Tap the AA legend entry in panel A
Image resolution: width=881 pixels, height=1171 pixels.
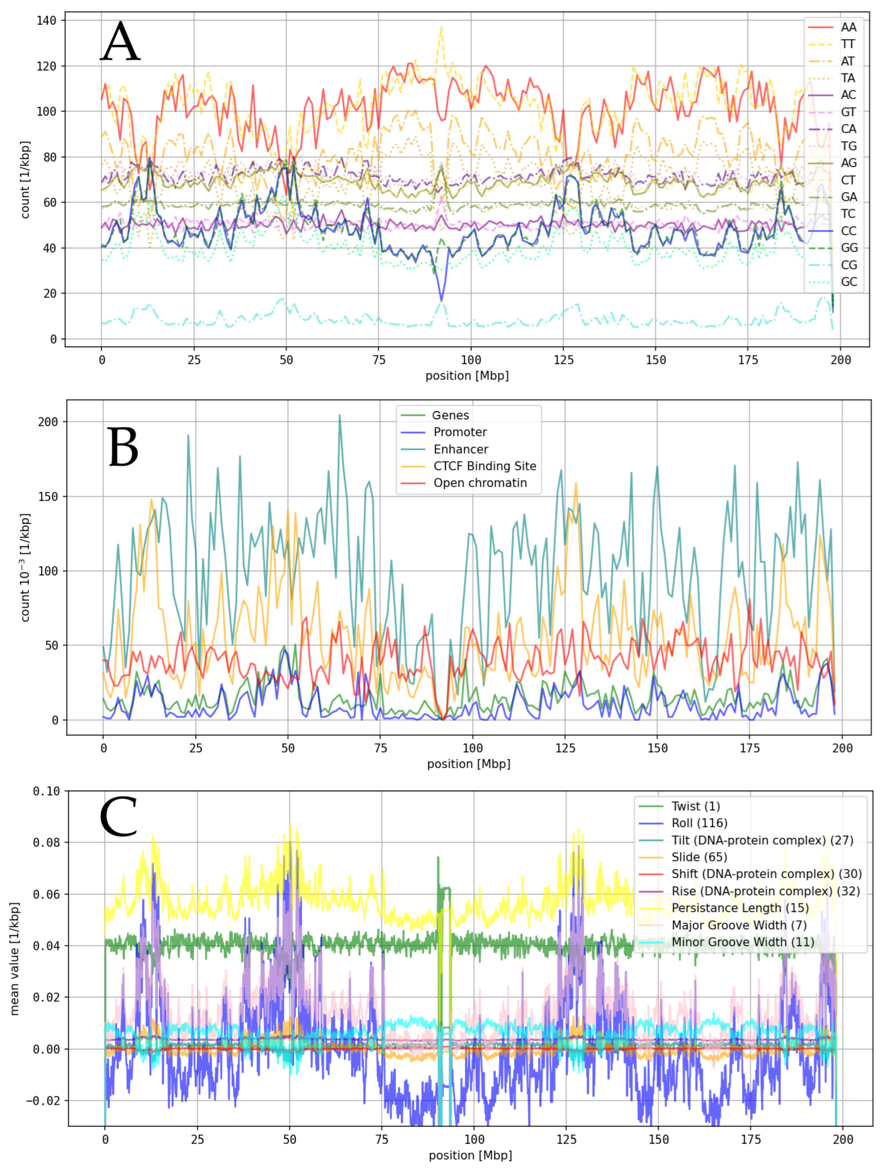pyautogui.click(x=848, y=27)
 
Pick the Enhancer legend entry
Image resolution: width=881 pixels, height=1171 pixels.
pyautogui.click(x=461, y=449)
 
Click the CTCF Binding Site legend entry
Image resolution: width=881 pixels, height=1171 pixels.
pyautogui.click(x=485, y=466)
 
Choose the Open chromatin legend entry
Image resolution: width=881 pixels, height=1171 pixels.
pyautogui.click(x=480, y=483)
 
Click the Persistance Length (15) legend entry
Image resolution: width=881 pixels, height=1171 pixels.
pyautogui.click(x=740, y=908)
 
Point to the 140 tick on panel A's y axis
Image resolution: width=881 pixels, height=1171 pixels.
pyautogui.click(x=46, y=21)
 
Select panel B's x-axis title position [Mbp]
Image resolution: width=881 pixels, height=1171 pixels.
pyautogui.click(x=469, y=764)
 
